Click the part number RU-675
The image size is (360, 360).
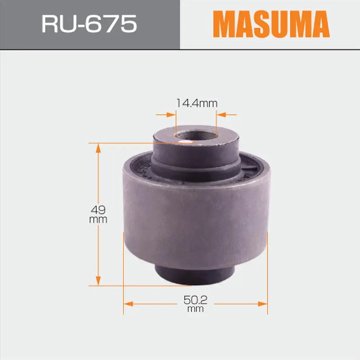[x=89, y=24]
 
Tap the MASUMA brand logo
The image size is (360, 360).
[x=271, y=24]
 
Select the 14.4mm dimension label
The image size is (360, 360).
[x=197, y=103]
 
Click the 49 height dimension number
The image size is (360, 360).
[x=98, y=210]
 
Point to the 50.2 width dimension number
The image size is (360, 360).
[x=195, y=300]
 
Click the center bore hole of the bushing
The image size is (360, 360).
[x=196, y=135]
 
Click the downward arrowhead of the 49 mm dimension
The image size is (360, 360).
[x=98, y=281]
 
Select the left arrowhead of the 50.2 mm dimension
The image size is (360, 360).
[x=129, y=304]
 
